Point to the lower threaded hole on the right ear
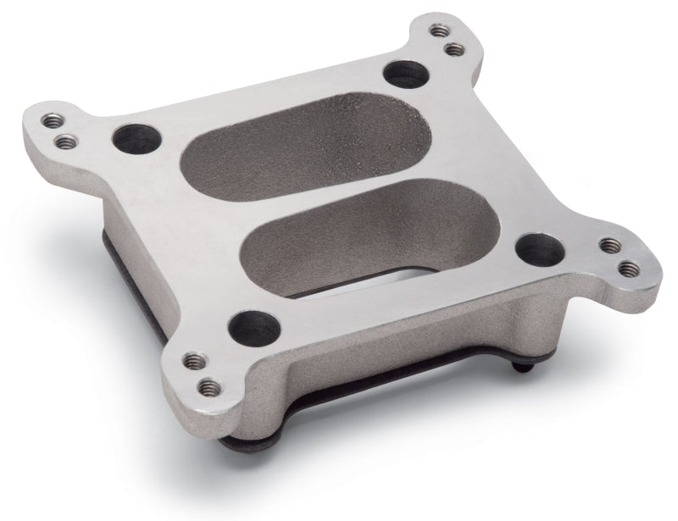(x=628, y=269)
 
